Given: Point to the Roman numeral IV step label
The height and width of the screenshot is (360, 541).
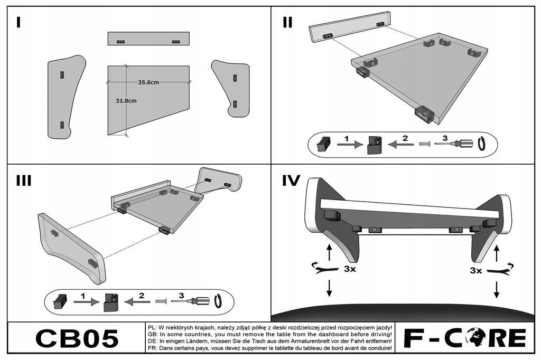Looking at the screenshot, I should tap(291, 181).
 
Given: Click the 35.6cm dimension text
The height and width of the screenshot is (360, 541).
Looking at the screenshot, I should tap(148, 82).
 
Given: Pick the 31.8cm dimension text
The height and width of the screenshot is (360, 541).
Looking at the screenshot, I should tap(126, 100).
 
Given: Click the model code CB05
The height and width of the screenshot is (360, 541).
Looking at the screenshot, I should tap(77, 338).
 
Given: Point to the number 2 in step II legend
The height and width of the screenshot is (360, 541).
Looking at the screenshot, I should tap(405, 138).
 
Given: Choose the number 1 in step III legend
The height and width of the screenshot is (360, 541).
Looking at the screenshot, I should tap(83, 296).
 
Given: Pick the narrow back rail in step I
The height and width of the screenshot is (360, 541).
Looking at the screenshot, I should tap(148, 39).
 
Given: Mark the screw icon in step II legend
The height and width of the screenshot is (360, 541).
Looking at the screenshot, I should tap(424, 143).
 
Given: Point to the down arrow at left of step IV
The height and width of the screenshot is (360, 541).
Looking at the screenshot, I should tap(330, 288).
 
